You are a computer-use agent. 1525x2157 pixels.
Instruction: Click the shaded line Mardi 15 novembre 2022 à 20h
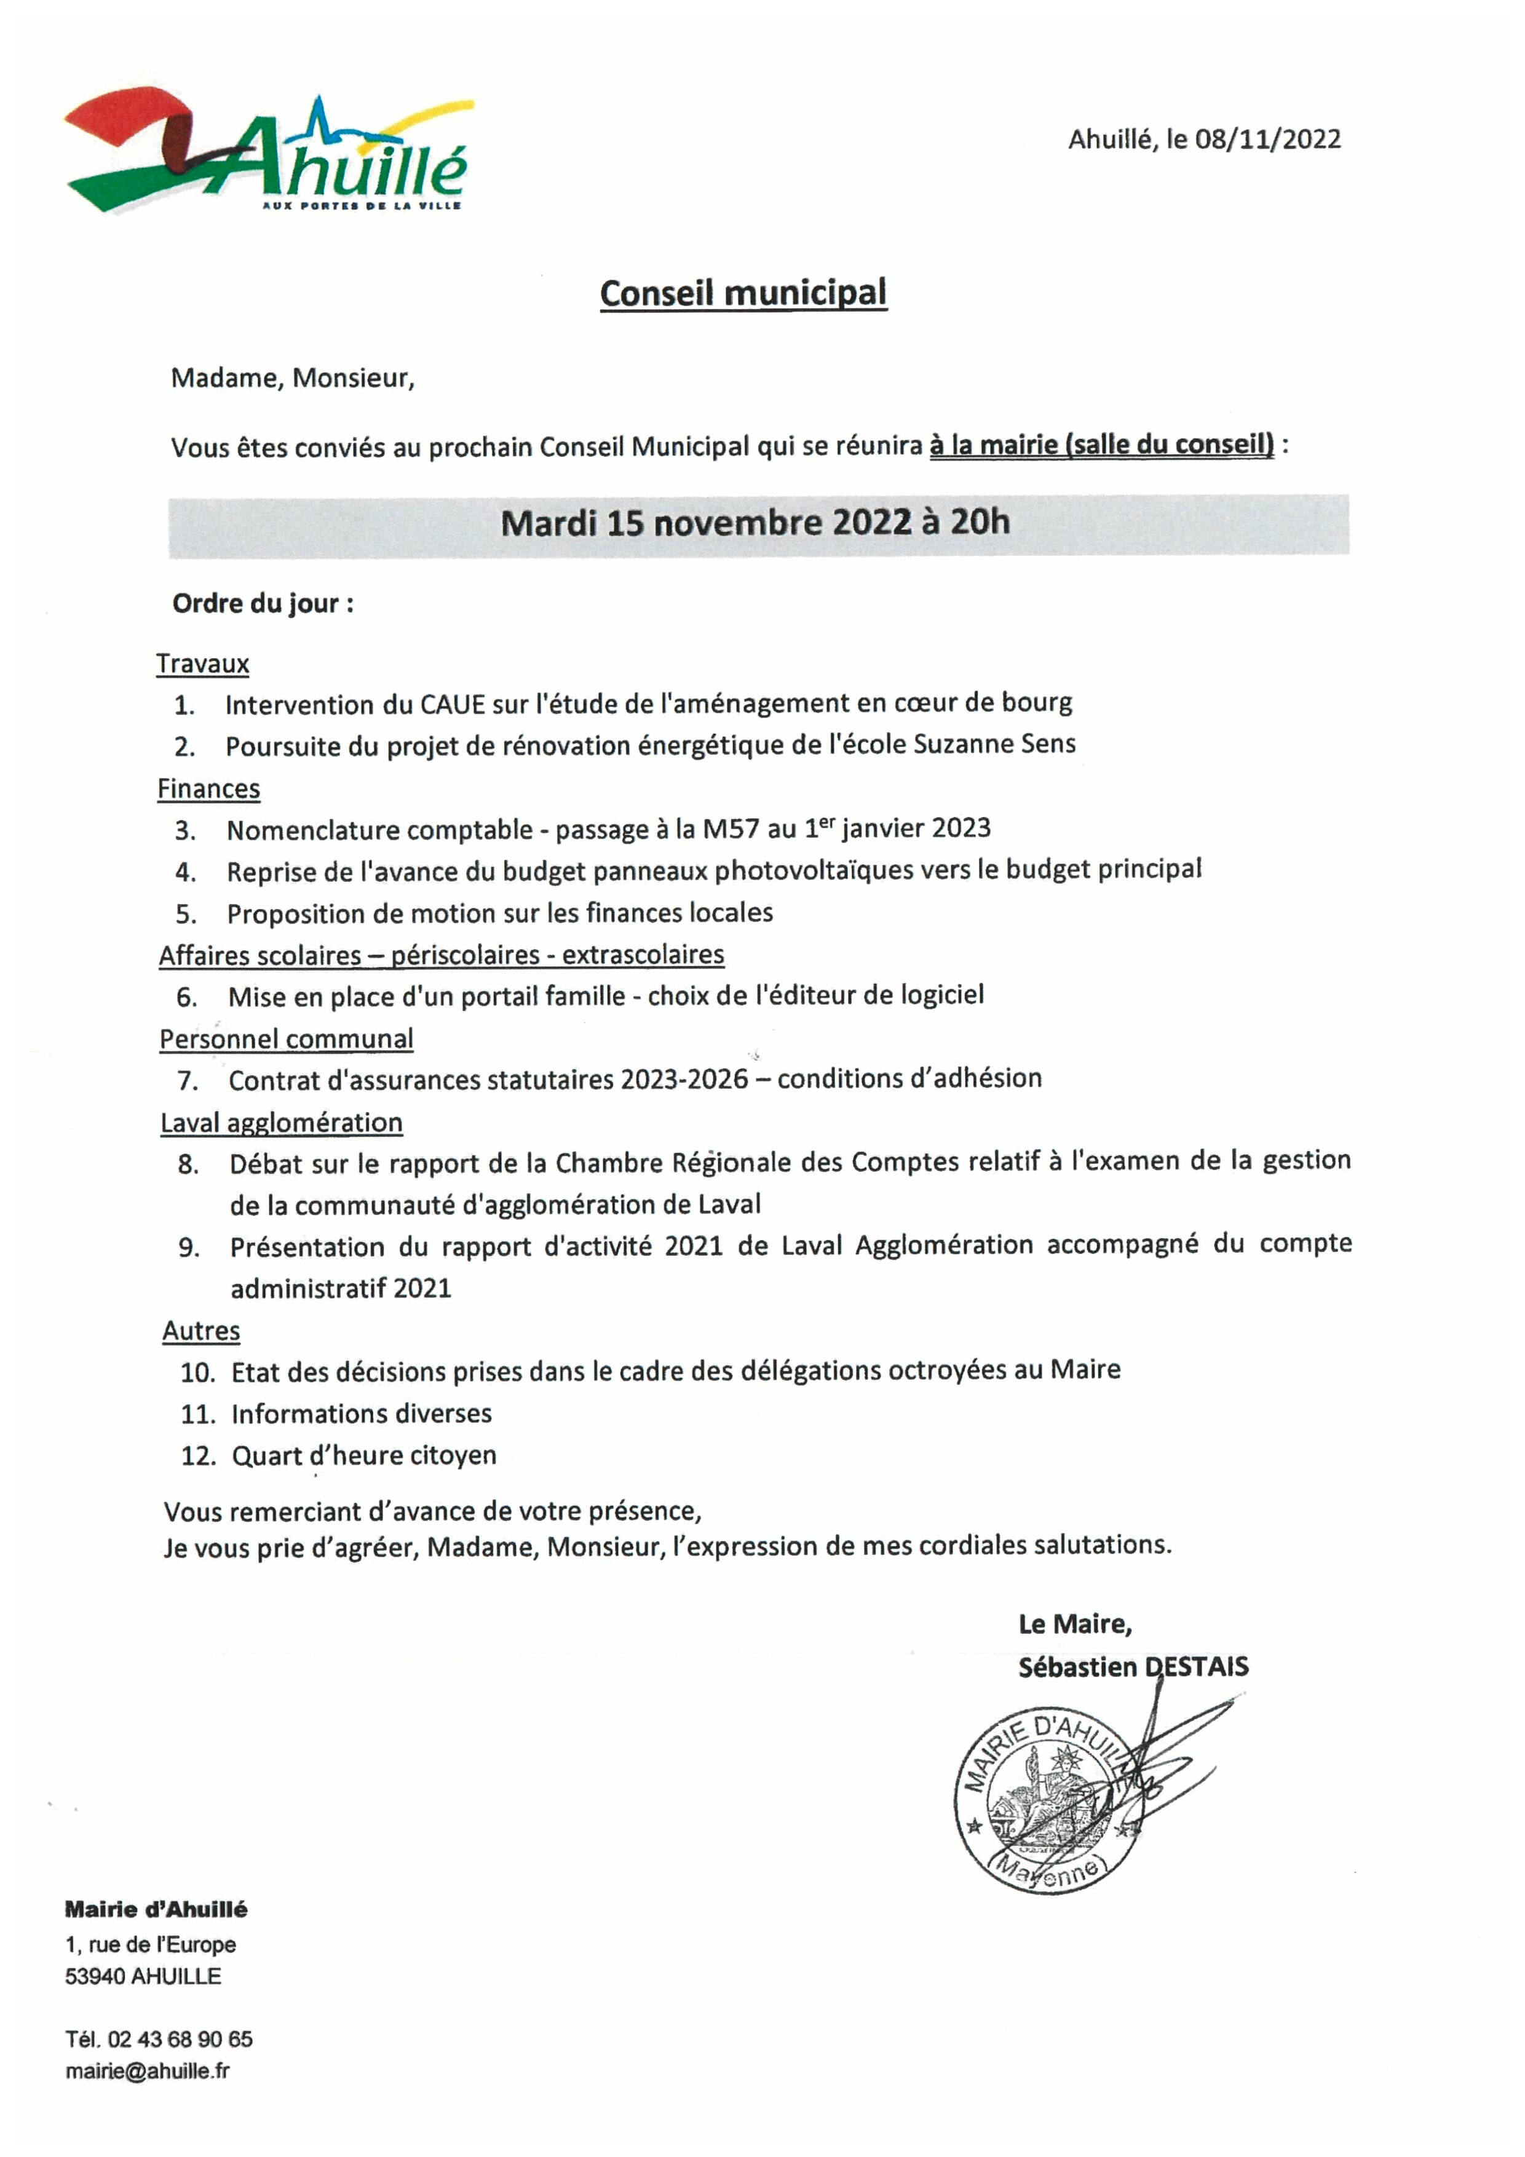[x=756, y=523]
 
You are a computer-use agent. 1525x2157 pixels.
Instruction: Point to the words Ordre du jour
[x=256, y=603]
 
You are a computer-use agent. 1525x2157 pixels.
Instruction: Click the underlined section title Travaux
[x=202, y=664]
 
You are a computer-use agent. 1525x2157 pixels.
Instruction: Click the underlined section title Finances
[x=208, y=789]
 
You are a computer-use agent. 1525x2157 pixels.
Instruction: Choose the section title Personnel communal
[x=286, y=1039]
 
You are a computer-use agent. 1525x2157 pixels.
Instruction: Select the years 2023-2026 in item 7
[x=684, y=1080]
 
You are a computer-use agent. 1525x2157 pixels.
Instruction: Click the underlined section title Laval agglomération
[x=281, y=1123]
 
